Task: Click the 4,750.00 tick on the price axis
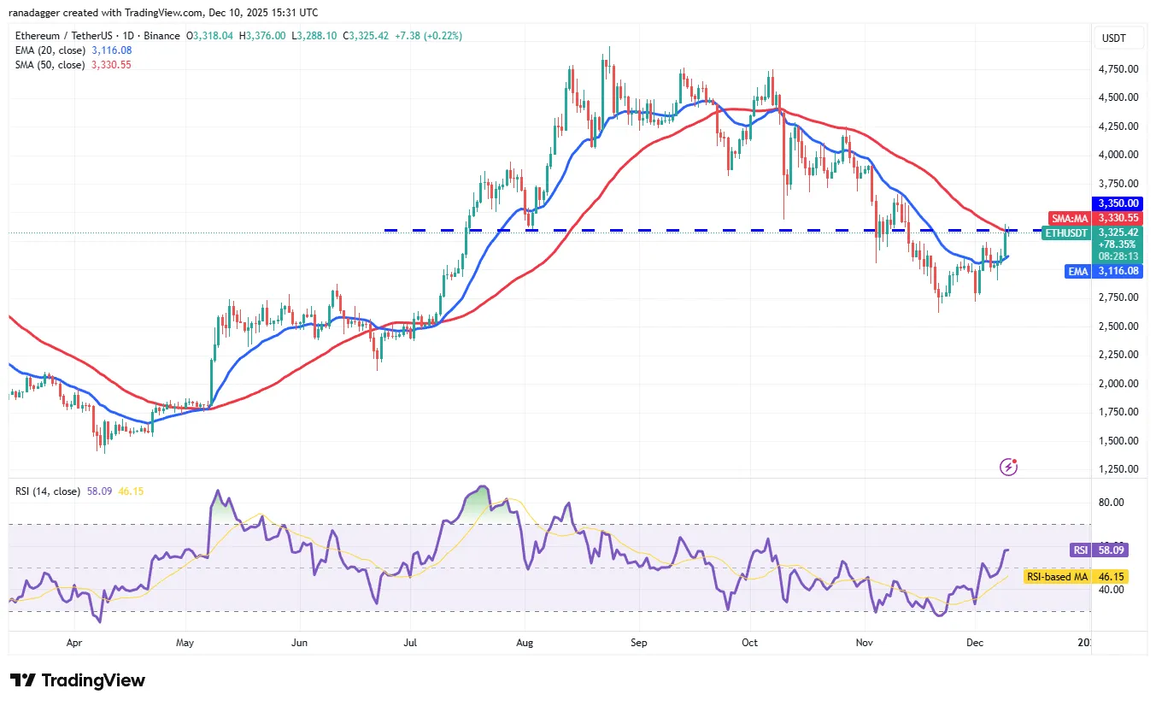(1118, 68)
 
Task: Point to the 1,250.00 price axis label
(1118, 469)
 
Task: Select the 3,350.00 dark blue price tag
(1118, 203)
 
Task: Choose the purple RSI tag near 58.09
(1081, 550)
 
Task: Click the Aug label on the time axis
(525, 641)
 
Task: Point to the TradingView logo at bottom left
(78, 680)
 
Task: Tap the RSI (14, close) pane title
(48, 491)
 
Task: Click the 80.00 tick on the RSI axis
(1112, 503)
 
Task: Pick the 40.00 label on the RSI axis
(1112, 590)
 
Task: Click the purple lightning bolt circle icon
(1009, 468)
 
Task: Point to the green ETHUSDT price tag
(1067, 232)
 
